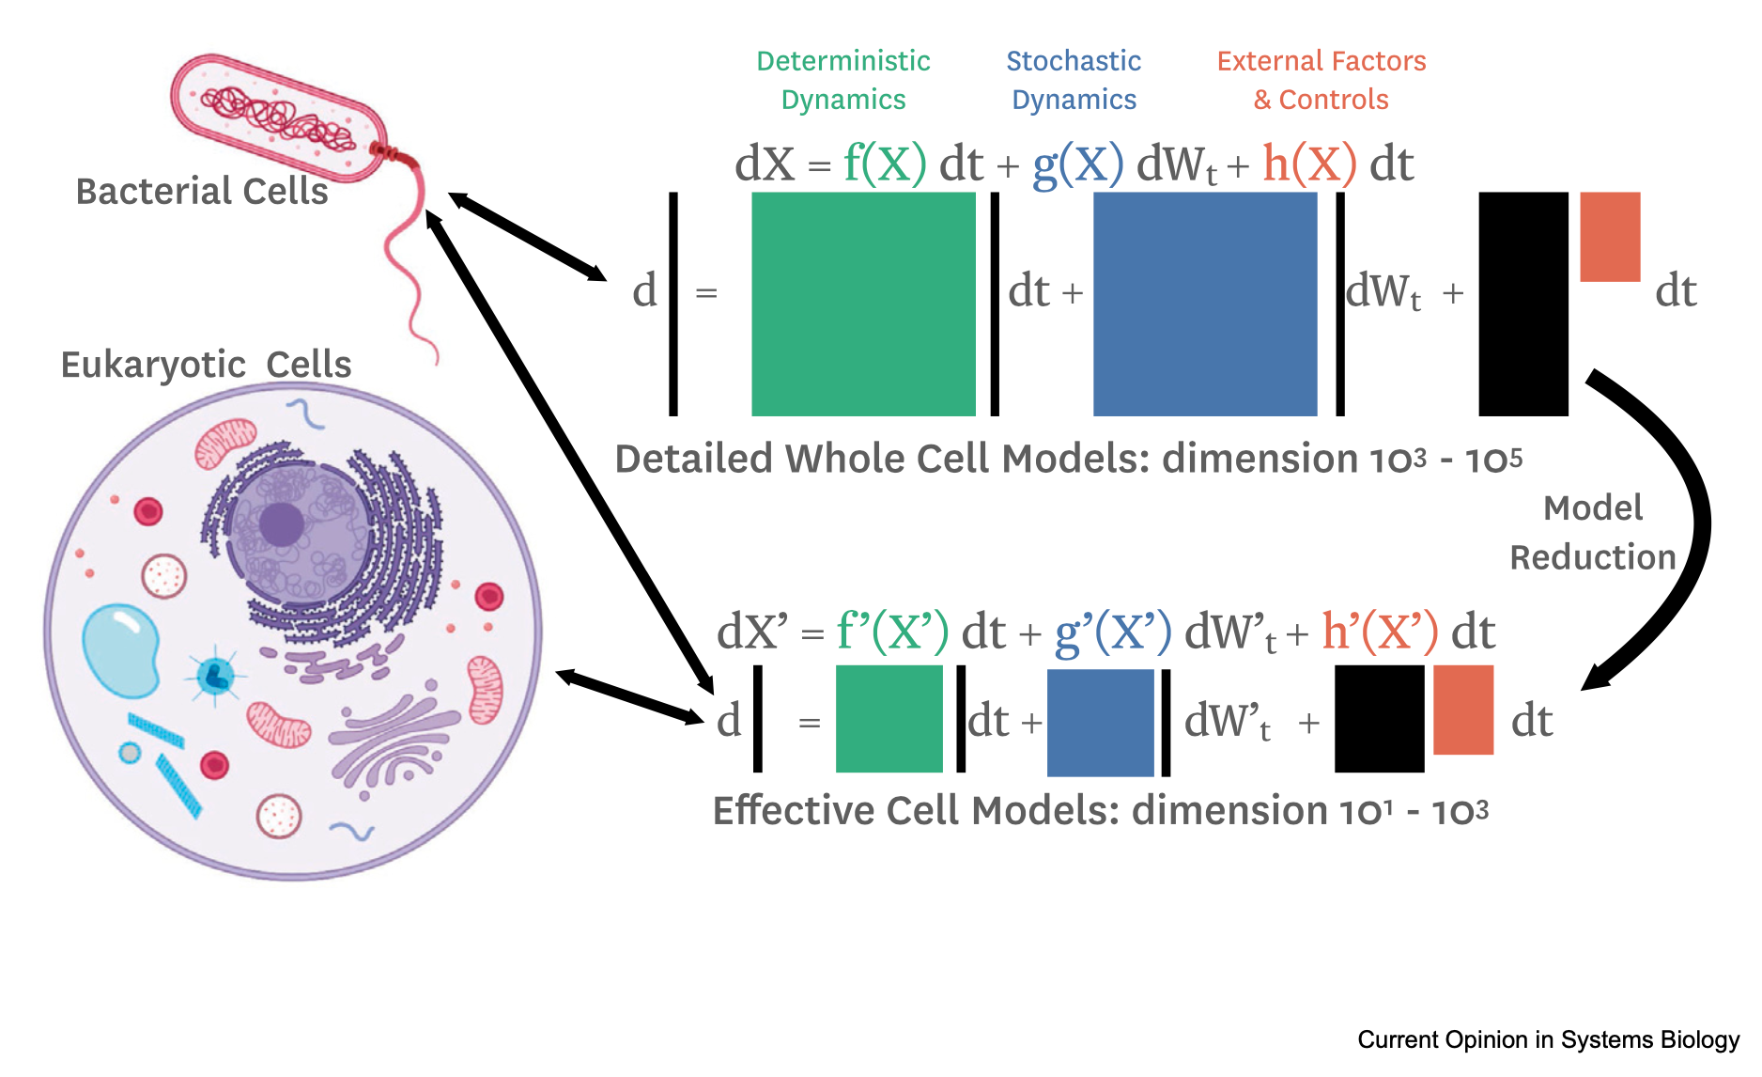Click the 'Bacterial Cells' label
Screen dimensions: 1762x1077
(x=202, y=191)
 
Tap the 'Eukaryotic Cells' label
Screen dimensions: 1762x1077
(x=206, y=365)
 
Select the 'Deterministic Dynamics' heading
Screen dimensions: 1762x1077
(x=843, y=80)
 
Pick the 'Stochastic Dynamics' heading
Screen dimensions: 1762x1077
(x=1074, y=80)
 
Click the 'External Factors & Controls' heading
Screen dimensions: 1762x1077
(x=1321, y=80)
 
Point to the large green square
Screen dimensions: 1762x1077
(x=863, y=304)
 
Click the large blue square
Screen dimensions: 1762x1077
(x=1205, y=304)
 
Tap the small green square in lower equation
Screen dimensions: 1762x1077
(x=889, y=719)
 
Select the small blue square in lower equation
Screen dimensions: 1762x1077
(x=1100, y=723)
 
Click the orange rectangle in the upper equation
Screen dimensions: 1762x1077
(x=1610, y=237)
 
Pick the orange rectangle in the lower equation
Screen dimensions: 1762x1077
(x=1463, y=710)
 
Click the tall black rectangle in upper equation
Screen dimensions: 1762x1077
(x=1523, y=304)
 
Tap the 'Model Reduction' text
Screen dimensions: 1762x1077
(x=1593, y=533)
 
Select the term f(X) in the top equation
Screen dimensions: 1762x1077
(x=885, y=163)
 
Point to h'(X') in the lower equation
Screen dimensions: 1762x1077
(x=1380, y=630)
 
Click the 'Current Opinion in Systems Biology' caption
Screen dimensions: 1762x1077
(x=1549, y=1039)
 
